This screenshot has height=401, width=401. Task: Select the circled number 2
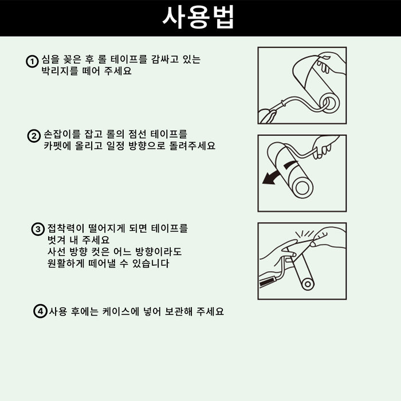click(x=34, y=136)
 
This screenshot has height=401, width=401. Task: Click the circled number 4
click(x=39, y=312)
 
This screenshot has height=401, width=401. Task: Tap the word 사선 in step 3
click(x=57, y=252)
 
